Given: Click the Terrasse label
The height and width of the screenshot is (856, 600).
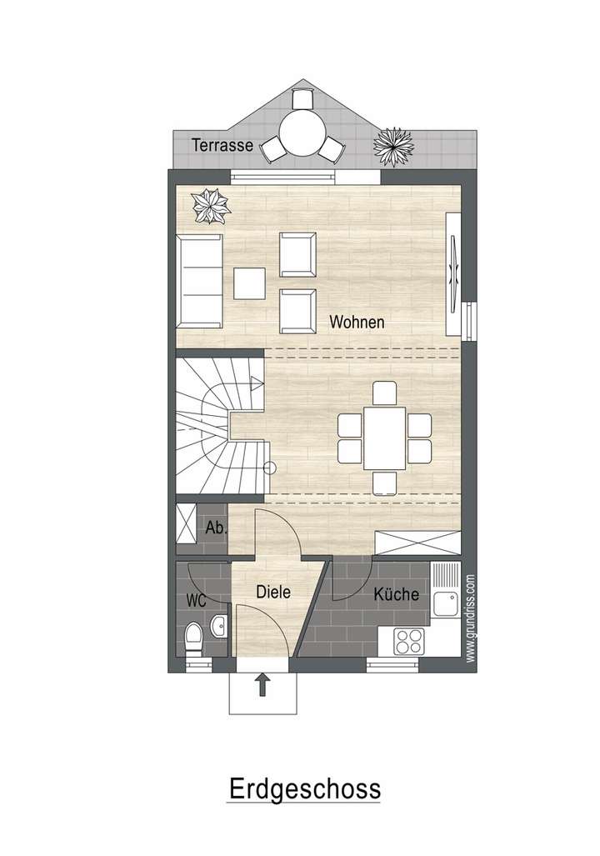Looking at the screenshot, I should pos(222,145).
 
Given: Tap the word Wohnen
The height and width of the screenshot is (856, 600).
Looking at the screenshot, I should pos(357,322).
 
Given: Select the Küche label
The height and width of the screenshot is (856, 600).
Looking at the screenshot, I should pos(396,595).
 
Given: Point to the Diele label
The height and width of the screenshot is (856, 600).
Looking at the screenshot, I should pos(273,593).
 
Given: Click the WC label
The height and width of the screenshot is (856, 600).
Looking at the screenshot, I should pos(197,601).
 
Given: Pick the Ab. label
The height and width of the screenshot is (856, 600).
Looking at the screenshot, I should pos(216,528).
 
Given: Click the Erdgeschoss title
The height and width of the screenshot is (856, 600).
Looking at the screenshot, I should pos(303,788).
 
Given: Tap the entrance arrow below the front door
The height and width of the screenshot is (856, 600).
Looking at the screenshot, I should pos(262,685).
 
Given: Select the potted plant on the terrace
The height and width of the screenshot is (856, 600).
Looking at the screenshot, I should pos(393,147).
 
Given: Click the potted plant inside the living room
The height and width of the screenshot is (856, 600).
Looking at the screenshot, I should pos(210,206).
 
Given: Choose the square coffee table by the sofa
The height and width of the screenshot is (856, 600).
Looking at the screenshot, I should pos(249,283).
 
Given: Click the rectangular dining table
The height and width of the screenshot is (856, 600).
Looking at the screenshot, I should pos(384,438).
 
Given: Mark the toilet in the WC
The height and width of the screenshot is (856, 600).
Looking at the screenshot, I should pos(193,640).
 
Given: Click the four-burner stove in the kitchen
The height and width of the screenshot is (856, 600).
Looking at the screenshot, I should pos(409,640).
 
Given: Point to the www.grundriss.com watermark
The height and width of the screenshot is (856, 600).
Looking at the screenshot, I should pos(471,617).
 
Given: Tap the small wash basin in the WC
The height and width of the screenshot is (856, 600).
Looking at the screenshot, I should pos(219,624).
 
